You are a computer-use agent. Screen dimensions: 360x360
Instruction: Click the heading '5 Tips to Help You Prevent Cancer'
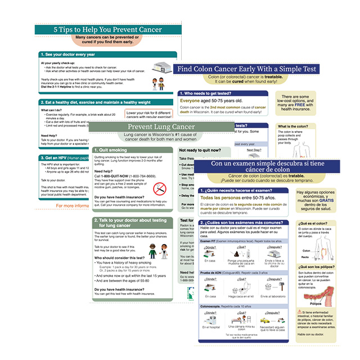point(107,29)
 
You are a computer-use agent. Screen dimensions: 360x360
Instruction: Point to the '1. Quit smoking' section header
point(112,150)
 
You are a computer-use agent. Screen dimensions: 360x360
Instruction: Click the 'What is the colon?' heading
point(295,127)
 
